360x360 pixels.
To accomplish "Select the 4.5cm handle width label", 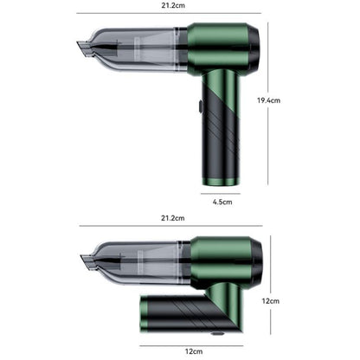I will [x=222, y=201].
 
